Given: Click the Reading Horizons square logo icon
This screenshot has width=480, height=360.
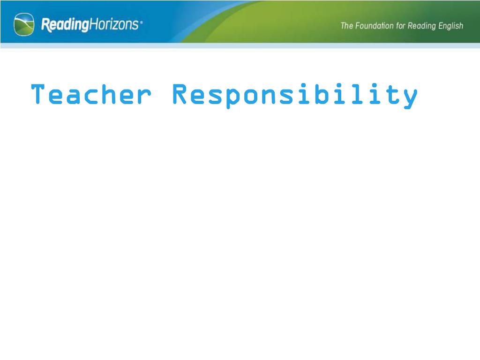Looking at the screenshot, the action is click(24, 24).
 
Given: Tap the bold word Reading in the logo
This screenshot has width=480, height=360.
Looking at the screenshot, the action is click(65, 25).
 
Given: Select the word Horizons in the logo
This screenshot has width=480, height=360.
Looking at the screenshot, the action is click(113, 24).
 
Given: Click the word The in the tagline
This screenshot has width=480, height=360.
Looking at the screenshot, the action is click(347, 26).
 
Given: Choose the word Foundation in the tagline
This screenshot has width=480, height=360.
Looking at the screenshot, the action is click(375, 26).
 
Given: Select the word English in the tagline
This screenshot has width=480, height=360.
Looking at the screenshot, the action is click(450, 26).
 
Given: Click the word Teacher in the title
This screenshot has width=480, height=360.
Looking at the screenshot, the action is click(91, 94).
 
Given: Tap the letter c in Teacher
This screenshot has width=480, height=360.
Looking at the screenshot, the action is click(91, 97).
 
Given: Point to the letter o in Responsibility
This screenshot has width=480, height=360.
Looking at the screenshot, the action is click(251, 97).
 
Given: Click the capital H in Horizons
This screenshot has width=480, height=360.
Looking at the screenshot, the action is click(93, 24).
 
